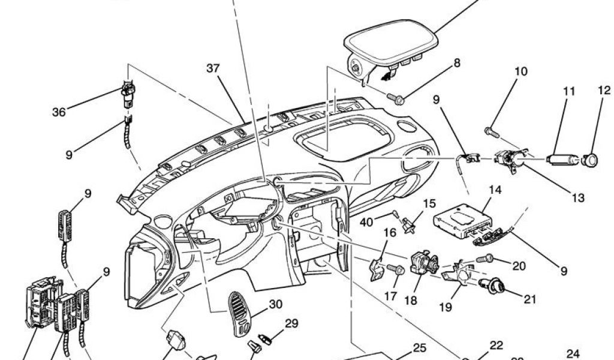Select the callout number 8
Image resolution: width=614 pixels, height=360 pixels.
click(457, 62)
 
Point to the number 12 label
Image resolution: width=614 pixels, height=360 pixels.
click(603, 91)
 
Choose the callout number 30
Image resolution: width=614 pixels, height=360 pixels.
click(275, 304)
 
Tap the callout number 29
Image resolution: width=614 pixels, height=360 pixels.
click(291, 324)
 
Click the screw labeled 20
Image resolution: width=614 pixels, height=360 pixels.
click(484, 259)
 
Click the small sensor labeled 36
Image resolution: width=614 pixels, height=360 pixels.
click(128, 94)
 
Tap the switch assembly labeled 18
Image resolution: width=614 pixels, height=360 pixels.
click(422, 263)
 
